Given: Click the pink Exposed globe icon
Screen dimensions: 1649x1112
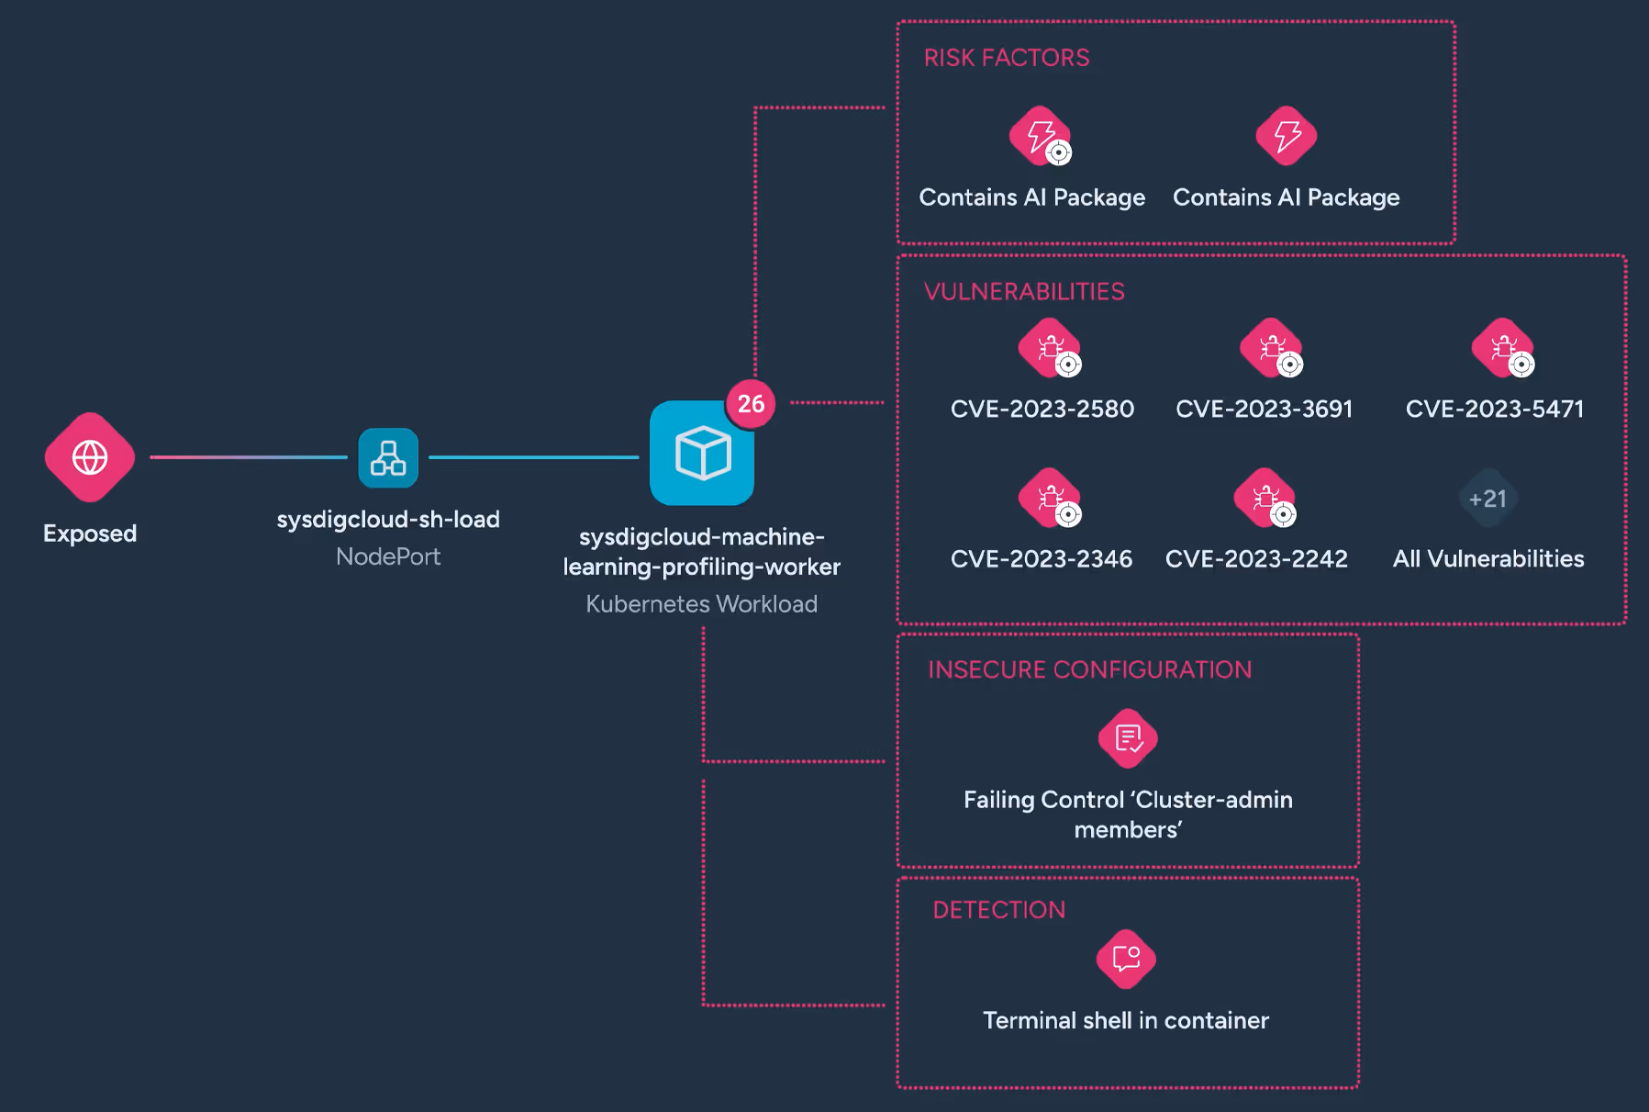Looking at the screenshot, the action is (x=90, y=457).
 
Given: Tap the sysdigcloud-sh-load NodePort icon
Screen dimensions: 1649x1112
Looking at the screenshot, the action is (x=388, y=457).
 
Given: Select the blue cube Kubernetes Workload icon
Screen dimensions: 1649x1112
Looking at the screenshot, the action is (x=702, y=453).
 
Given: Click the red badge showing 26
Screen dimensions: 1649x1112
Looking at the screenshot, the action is (x=751, y=403).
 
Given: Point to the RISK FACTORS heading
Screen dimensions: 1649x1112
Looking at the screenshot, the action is (x=1007, y=58).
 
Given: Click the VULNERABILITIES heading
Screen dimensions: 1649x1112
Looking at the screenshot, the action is (x=1024, y=292).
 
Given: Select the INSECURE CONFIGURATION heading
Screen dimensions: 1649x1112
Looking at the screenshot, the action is (x=1089, y=669).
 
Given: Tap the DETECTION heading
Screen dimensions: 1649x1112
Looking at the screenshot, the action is (x=999, y=910).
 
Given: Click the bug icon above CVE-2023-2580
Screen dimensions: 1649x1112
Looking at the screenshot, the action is (x=1050, y=348).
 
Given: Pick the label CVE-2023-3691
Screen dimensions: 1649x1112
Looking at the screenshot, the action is (x=1265, y=409).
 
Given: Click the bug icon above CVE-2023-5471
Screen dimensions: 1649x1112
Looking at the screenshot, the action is (x=1502, y=348).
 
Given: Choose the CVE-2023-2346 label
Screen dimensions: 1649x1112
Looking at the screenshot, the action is (x=1042, y=559).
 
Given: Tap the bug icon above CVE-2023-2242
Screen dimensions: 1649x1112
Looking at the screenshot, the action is (x=1265, y=498).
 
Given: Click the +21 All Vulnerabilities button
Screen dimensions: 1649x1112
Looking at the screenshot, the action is (x=1488, y=499).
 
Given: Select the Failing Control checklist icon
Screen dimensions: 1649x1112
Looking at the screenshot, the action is (x=1128, y=738).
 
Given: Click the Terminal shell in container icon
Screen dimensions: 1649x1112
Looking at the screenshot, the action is (x=1126, y=960).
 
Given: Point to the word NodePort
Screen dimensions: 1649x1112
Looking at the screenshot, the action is (x=388, y=556).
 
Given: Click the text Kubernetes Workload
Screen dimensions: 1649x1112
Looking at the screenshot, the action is (x=702, y=604).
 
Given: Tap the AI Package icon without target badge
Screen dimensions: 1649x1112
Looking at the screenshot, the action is (x=1287, y=136).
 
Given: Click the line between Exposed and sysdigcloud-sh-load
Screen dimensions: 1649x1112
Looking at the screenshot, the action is (x=249, y=457).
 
